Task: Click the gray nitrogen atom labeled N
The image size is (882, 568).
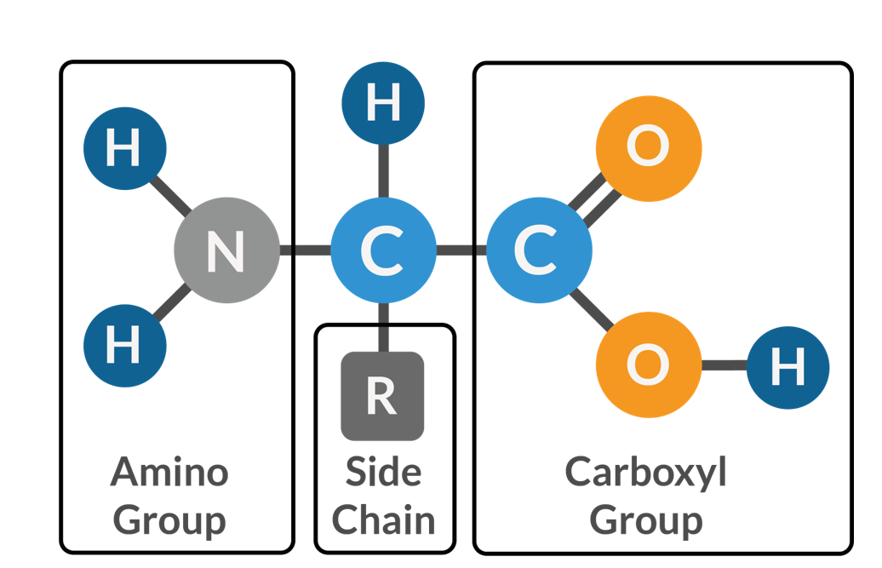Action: [x=226, y=250]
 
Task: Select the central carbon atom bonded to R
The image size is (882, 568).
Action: [x=383, y=250]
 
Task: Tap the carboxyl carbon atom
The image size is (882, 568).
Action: [x=538, y=250]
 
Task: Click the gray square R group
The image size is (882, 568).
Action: [x=382, y=396]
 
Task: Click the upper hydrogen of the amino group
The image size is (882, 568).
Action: [x=124, y=149]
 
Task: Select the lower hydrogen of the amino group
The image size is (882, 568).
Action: [x=124, y=346]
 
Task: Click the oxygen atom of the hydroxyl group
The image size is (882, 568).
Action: [x=648, y=365]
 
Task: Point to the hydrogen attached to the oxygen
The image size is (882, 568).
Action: [x=787, y=367]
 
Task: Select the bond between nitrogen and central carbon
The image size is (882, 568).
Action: [x=305, y=250]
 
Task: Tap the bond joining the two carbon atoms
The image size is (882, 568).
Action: [x=461, y=250]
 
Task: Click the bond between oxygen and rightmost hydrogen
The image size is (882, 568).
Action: [x=724, y=366]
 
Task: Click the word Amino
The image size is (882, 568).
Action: [x=169, y=471]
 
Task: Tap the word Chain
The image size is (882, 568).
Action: [x=383, y=519]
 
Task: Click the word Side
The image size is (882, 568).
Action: [x=383, y=471]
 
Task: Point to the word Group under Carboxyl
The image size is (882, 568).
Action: [x=646, y=519]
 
